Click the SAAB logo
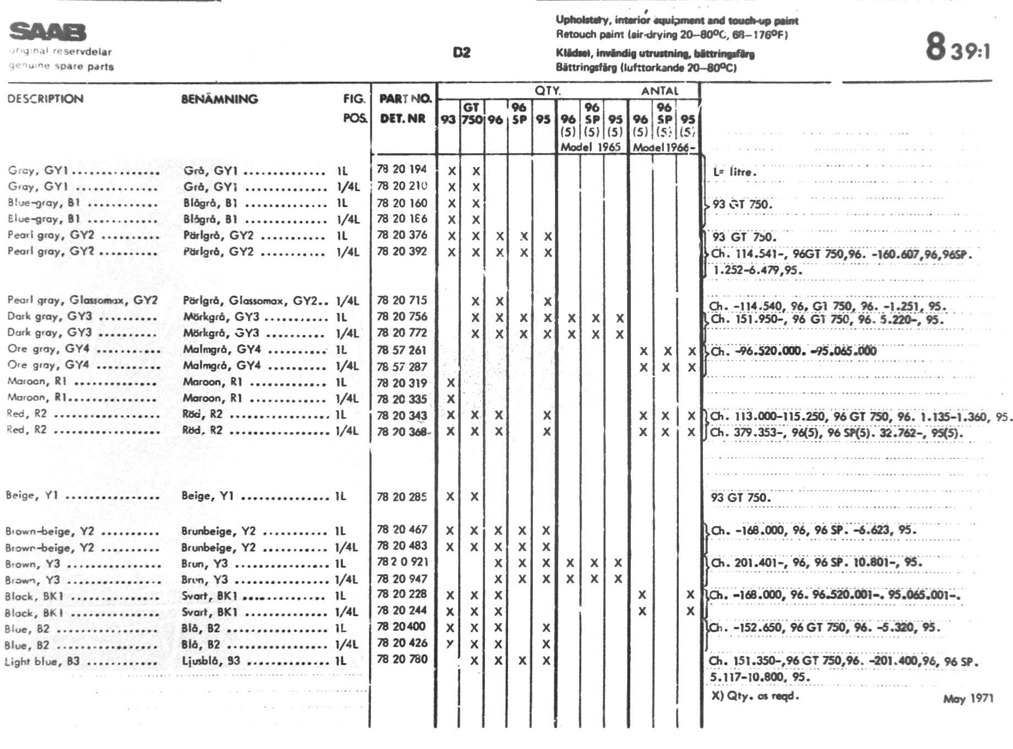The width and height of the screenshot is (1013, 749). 48,32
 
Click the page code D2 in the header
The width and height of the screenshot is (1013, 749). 461,52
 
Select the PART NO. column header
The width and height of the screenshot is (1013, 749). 405,99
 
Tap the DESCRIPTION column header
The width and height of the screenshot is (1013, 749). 46,99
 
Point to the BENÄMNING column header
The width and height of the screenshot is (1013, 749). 219,99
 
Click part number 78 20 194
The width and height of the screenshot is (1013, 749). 402,170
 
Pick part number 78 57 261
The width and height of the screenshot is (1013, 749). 402,350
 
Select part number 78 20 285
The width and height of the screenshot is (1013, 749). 402,497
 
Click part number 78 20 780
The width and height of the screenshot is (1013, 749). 402,659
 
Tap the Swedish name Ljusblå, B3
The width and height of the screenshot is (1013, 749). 211,660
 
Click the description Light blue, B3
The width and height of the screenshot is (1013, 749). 42,661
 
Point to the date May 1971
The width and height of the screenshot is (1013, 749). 968,699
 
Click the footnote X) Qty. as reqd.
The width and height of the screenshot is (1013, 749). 754,696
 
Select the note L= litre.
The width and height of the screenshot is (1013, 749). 734,172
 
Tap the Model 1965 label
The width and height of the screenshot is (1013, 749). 590,147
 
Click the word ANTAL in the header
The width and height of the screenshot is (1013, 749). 660,91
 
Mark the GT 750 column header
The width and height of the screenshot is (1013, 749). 472,113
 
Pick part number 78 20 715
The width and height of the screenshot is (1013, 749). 402,301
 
